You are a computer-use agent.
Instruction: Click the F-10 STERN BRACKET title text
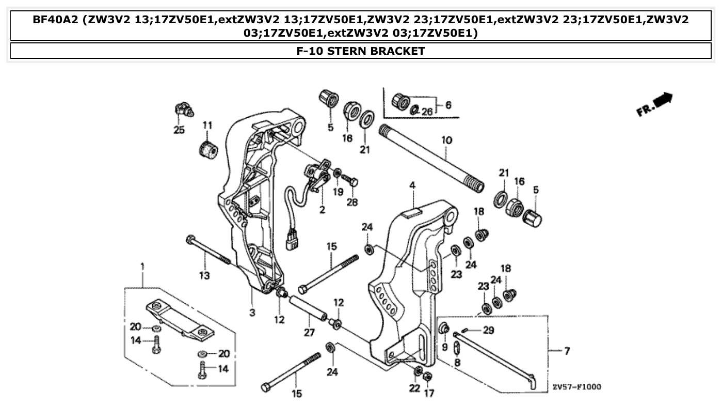[361, 51]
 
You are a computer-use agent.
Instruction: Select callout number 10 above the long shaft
[446, 140]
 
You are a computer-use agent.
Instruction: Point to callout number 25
[179, 130]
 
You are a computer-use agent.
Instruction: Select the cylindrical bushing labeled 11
[208, 149]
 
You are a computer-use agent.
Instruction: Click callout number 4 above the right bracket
[412, 185]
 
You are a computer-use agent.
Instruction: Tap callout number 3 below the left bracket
[252, 313]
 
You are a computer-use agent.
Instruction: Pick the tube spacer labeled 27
[309, 307]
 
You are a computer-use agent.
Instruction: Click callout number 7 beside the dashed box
[567, 351]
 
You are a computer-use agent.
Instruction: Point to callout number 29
[488, 330]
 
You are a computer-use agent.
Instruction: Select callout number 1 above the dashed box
[142, 267]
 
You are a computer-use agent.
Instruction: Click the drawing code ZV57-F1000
[576, 386]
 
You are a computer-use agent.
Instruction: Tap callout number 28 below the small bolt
[352, 202]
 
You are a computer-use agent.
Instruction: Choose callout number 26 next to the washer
[427, 112]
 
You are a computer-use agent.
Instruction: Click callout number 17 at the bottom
[429, 393]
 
